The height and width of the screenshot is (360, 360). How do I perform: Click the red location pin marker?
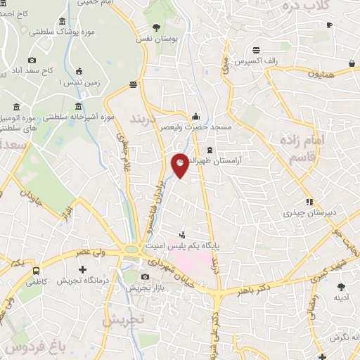tap(180, 165)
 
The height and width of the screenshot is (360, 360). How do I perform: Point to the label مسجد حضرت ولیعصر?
tap(195, 128)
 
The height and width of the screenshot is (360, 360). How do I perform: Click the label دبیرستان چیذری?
tap(308, 212)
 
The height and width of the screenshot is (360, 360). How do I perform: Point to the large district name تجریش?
tap(123, 319)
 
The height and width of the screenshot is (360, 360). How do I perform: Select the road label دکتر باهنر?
tap(255, 289)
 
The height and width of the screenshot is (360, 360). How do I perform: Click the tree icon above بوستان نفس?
tap(156, 27)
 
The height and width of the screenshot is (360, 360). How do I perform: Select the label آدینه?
tap(341, 297)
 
